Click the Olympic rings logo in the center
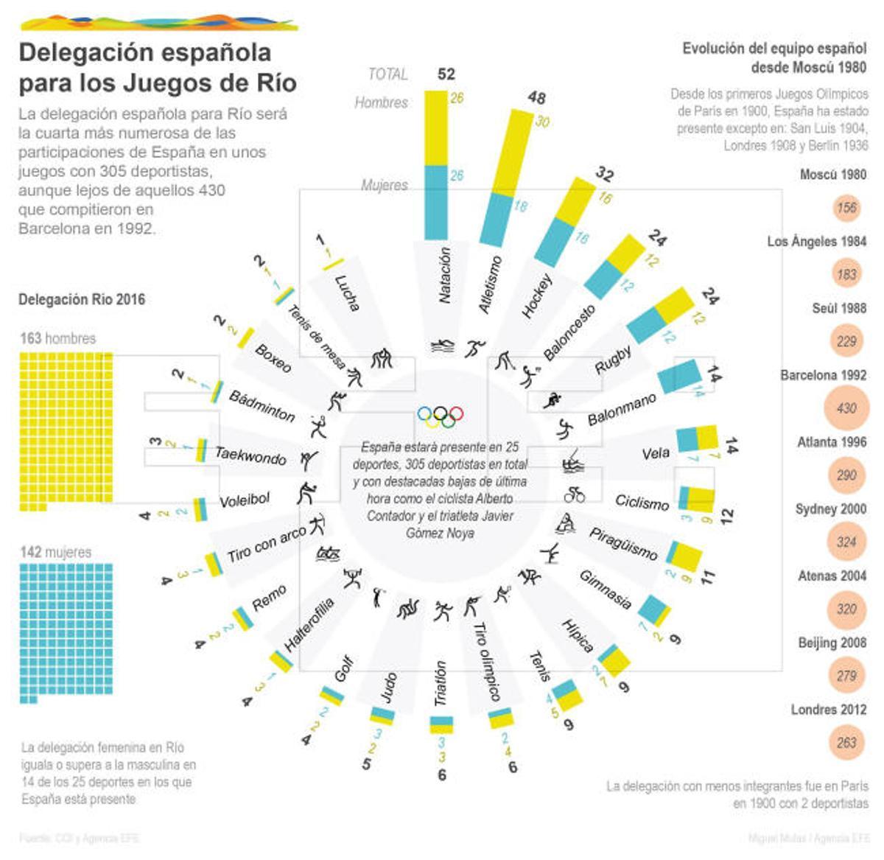441,416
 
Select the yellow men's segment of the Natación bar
435,128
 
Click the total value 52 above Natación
446,74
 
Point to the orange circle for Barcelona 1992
846,408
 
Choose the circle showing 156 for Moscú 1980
846,208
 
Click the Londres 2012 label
828,710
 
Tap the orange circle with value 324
846,542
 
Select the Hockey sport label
537,296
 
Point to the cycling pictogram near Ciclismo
574,495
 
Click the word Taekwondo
250,455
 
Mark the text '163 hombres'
57,339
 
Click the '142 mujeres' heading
56,552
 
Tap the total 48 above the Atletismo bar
536,98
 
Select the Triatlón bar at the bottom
441,724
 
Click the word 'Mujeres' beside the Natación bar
385,185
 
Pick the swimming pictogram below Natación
442,346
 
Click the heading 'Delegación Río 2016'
82,299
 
